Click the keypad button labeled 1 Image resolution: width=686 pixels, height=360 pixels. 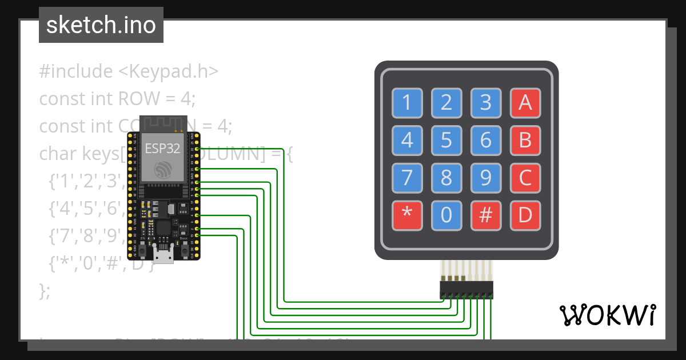[407, 102]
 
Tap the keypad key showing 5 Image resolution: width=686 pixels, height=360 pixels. [446, 139]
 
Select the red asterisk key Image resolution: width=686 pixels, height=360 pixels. [407, 215]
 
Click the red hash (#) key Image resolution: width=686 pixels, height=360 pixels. [486, 215]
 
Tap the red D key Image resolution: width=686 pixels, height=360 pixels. [525, 215]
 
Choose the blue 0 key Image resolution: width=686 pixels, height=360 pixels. [446, 215]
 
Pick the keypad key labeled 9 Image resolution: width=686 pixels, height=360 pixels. [486, 178]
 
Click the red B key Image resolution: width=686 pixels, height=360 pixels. [525, 139]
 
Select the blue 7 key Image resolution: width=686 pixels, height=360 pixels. [407, 178]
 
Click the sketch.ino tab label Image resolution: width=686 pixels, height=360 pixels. [101, 25]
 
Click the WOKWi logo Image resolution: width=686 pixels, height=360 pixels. [607, 315]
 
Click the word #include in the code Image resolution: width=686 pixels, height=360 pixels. [76, 71]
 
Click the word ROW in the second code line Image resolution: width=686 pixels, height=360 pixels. [138, 99]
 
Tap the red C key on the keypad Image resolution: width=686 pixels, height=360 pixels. [525, 178]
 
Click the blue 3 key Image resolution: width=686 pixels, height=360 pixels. [486, 102]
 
